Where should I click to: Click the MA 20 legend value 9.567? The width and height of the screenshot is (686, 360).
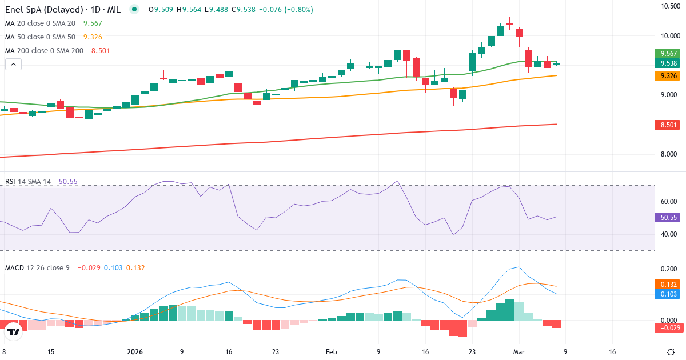(93, 23)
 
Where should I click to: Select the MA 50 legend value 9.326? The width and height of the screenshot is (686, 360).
(93, 37)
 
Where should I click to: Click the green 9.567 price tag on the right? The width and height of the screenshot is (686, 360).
(666, 53)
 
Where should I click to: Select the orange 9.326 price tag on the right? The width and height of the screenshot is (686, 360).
(666, 75)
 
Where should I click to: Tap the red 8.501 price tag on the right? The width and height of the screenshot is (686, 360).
(666, 125)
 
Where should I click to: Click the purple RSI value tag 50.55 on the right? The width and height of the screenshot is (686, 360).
(666, 217)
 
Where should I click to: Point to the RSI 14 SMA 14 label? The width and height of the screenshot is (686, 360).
(28, 182)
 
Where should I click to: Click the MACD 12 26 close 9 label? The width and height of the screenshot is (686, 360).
(37, 267)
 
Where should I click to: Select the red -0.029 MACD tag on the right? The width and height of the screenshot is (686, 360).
(666, 327)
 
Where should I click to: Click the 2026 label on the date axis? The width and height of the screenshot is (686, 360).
(135, 352)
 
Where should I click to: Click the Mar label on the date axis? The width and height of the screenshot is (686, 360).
(519, 352)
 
